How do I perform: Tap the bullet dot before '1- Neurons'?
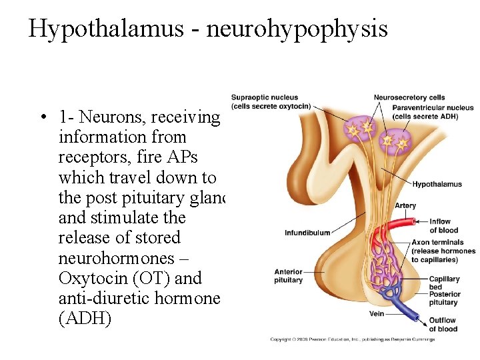click(x=42, y=118)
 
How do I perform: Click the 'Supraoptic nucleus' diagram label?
click(x=265, y=98)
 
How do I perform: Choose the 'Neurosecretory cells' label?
click(x=409, y=98)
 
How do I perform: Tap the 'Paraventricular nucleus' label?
click(x=433, y=107)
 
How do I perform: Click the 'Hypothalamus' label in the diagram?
click(x=436, y=185)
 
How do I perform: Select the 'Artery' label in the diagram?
click(x=405, y=205)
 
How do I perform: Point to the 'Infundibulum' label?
click(x=307, y=233)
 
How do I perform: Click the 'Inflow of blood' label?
click(x=443, y=226)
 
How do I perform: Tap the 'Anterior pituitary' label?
click(x=288, y=276)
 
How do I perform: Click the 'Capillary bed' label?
click(x=444, y=283)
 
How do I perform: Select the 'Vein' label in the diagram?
click(x=376, y=313)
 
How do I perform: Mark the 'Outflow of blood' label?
click(x=443, y=324)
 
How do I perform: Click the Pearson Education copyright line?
click(x=352, y=339)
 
